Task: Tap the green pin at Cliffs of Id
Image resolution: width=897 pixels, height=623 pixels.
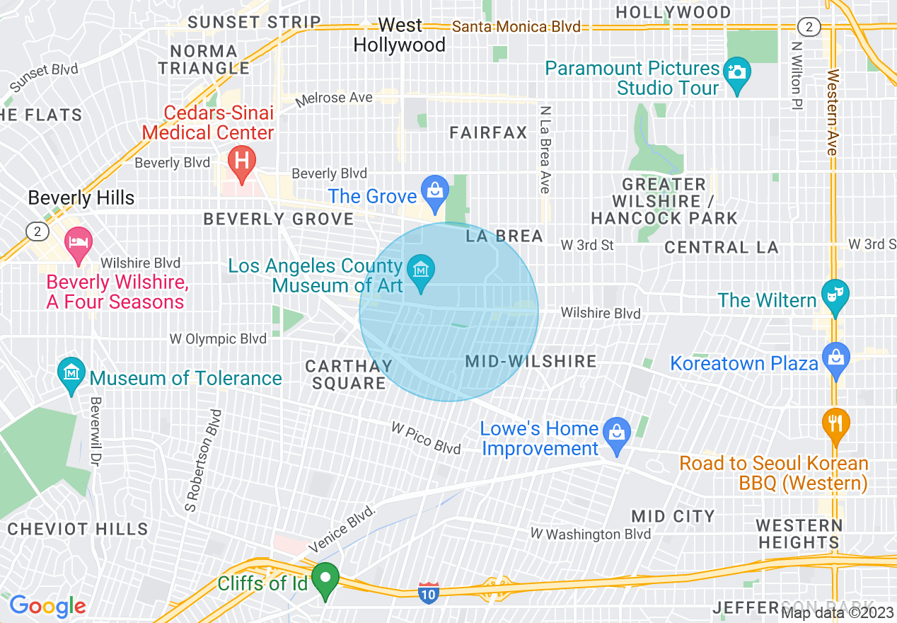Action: tap(325, 579)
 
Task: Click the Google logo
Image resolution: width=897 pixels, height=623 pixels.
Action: tap(47, 606)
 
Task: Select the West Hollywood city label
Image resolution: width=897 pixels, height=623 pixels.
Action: tap(400, 35)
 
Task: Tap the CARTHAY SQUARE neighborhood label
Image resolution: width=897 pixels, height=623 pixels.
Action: tap(349, 375)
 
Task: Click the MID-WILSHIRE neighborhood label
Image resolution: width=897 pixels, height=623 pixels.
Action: tap(531, 361)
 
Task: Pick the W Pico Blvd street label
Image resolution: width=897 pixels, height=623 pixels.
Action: tap(427, 438)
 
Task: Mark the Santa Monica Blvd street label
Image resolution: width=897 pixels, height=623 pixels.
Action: tap(516, 27)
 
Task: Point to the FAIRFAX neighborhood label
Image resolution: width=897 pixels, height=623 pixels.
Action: tap(489, 132)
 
